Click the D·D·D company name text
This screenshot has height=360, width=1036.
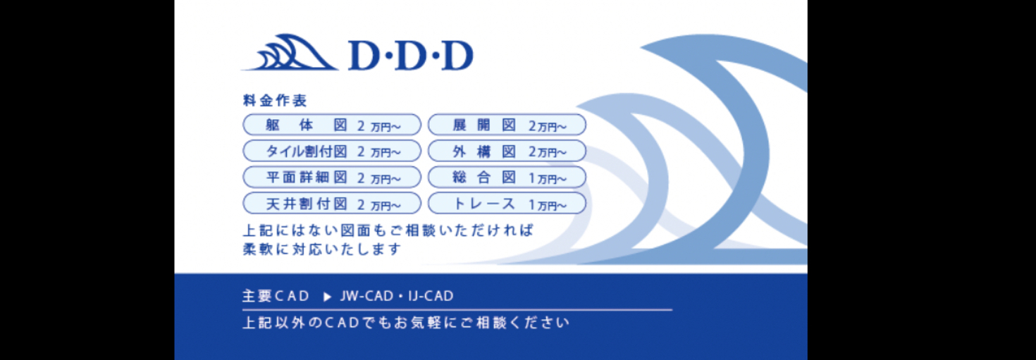pos(411,56)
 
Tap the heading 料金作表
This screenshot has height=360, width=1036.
pos(275,100)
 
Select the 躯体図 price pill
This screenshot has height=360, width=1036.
pos(332,125)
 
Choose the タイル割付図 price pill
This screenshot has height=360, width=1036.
pos(332,151)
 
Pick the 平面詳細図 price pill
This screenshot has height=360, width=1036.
pos(332,178)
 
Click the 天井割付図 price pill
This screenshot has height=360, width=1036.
pos(332,204)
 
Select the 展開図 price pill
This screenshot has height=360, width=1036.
pos(507,125)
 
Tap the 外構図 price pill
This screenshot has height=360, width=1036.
pos(507,151)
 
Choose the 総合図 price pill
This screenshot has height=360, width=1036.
pos(507,178)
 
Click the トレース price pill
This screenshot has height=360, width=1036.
pos(507,204)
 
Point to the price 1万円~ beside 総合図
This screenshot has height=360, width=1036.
pos(548,179)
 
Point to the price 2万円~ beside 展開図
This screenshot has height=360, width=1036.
pos(548,126)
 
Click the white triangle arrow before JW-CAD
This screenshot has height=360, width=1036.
pos(328,297)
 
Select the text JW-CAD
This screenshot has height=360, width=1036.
pos(366,296)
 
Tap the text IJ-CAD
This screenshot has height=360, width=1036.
pos(431,296)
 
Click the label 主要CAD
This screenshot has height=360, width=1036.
pos(276,296)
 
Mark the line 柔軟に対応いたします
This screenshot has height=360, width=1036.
pos(322,249)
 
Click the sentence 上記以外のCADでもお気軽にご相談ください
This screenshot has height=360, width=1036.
pos(406,323)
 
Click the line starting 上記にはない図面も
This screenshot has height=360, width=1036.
pos(388,230)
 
